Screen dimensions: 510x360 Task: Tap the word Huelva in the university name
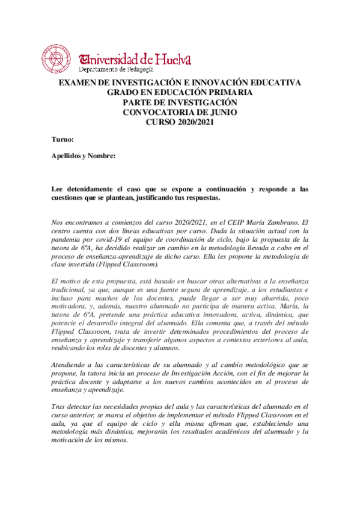[173, 59]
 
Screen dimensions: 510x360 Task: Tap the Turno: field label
[63, 140]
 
